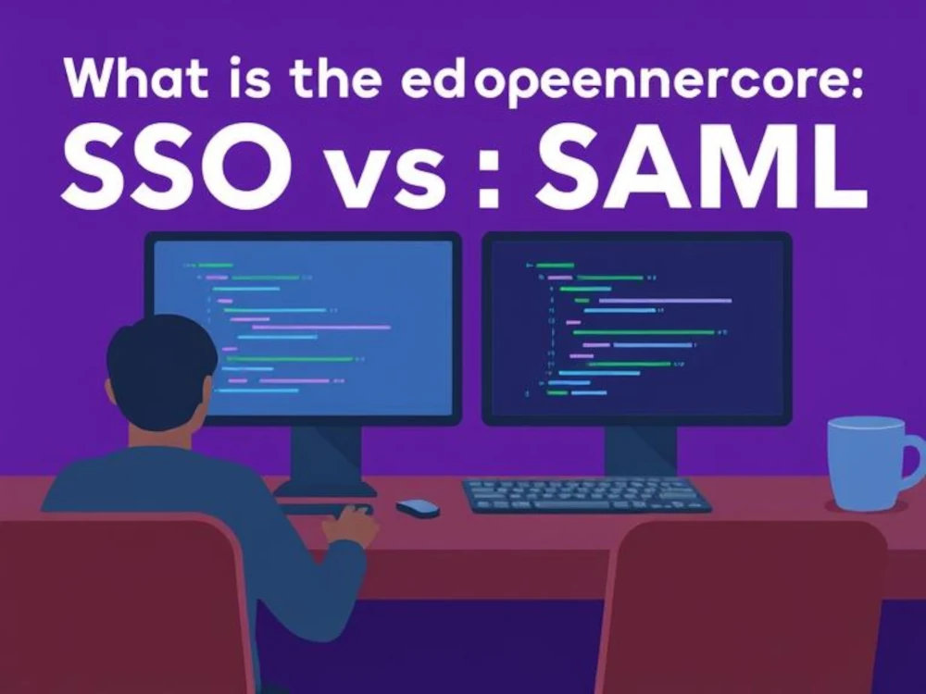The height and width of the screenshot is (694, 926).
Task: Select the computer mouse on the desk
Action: [418, 507]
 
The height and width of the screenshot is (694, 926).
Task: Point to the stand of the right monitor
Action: [639, 449]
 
